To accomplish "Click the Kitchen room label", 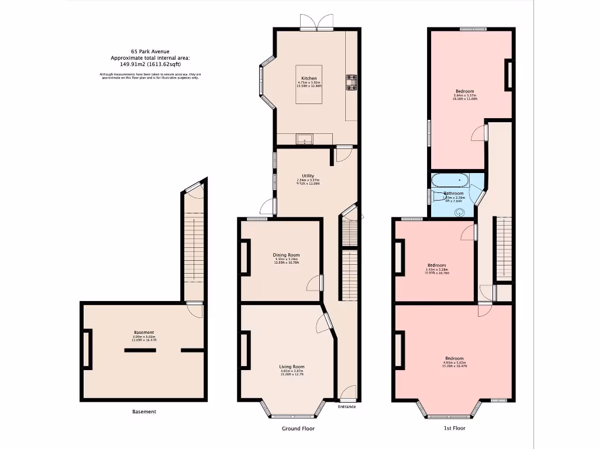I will pos(309,78).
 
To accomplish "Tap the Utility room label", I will pos(308,175).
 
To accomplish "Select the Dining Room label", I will pos(286,255).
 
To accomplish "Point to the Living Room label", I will pos(291,367).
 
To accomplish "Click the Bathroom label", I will pos(453,193).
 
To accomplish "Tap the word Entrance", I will pos(346,406).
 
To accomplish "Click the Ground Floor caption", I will pos(298,429).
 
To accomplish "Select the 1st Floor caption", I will pos(454,429).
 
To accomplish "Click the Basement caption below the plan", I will pos(144,412).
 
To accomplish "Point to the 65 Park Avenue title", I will pos(150,51).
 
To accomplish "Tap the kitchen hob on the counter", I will pos(352,82).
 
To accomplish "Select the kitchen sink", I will pos(305,140).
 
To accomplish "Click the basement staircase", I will pos(191,246).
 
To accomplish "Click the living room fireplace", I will pos(243,350).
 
